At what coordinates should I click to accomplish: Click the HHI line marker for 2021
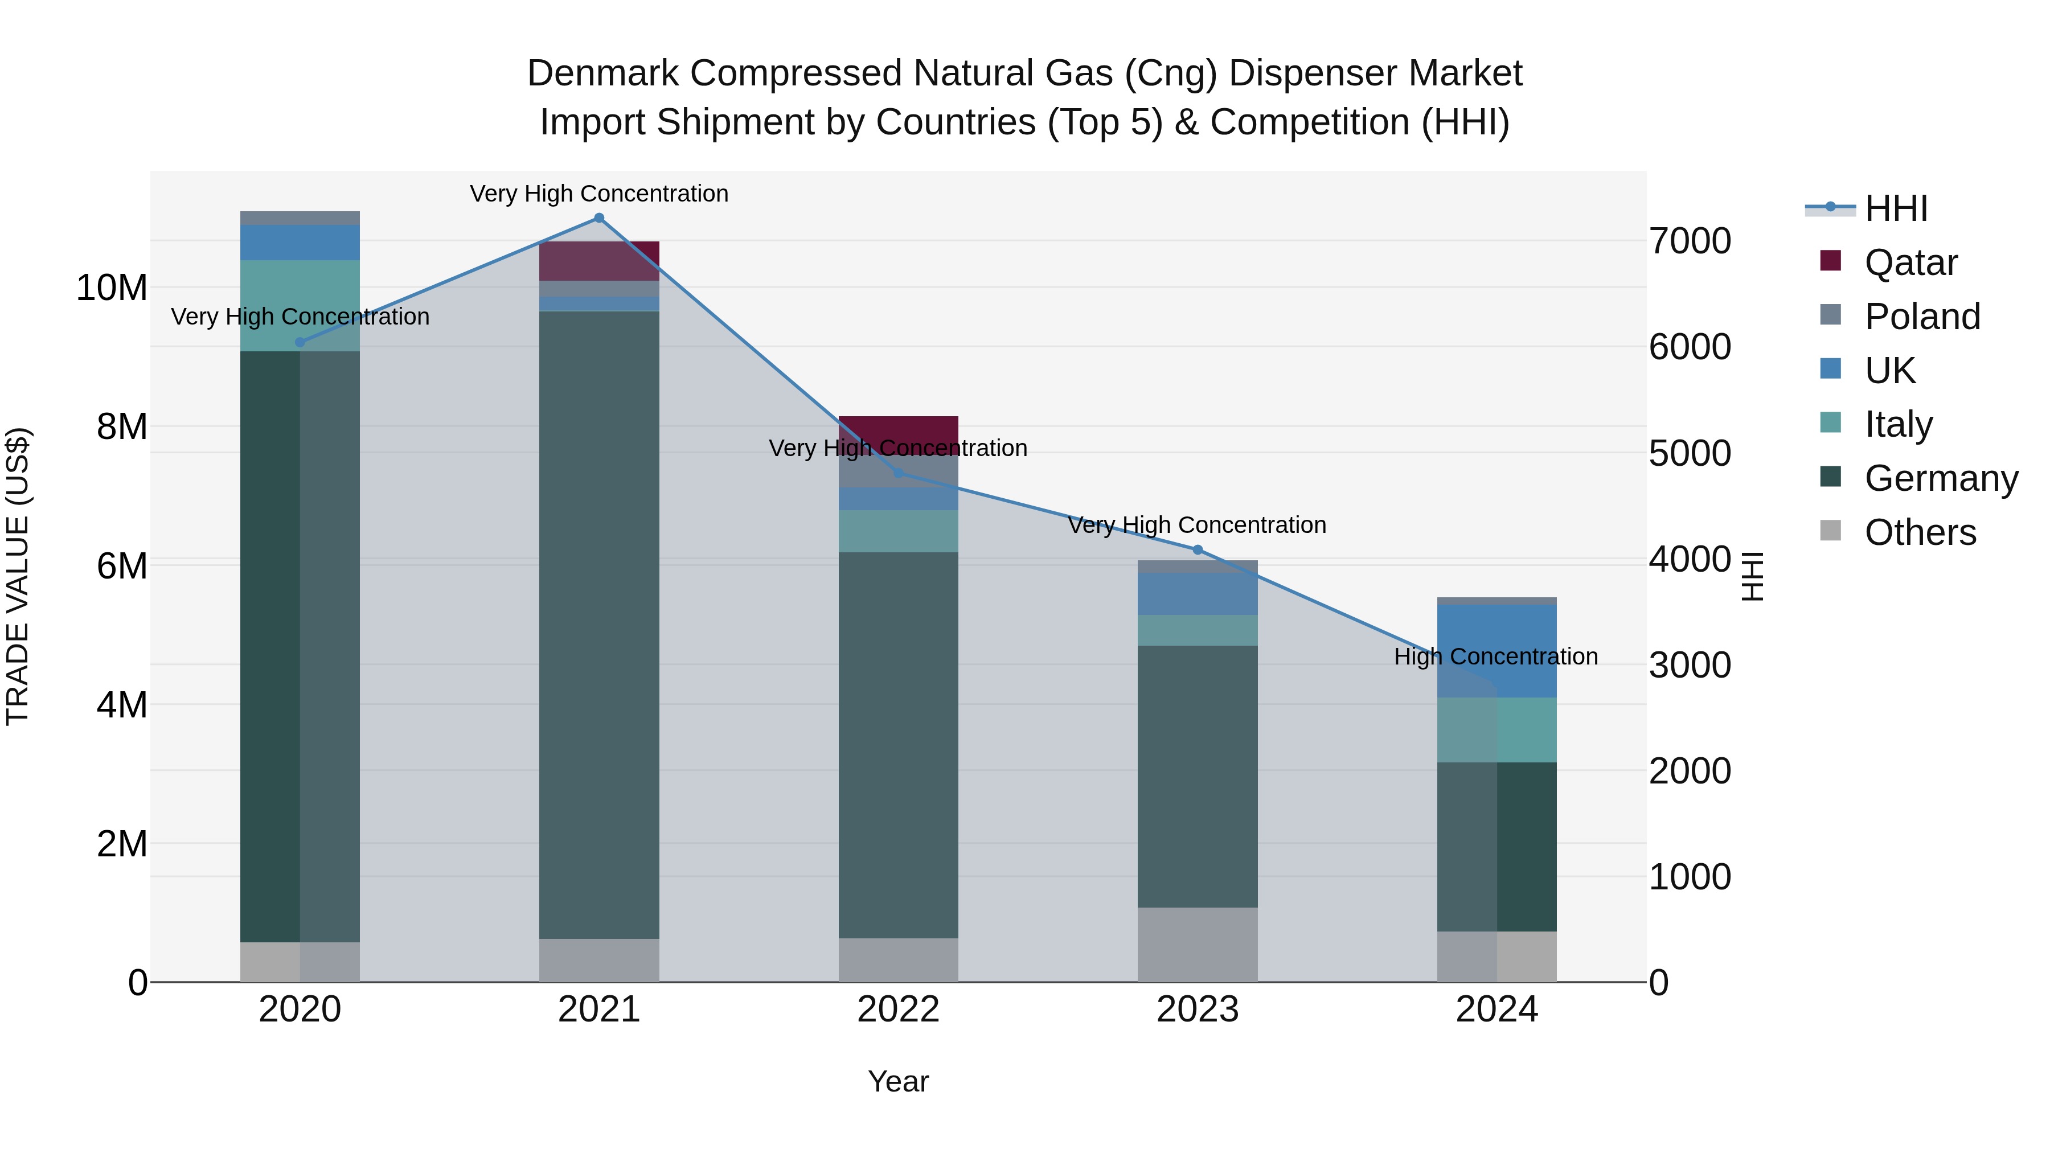tap(599, 218)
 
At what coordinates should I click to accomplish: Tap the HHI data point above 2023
tap(1198, 550)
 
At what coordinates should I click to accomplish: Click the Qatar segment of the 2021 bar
tap(599, 261)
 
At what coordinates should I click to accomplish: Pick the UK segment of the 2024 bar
tap(1497, 651)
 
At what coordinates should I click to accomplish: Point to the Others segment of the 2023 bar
tap(1198, 945)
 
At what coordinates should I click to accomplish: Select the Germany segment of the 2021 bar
tap(599, 625)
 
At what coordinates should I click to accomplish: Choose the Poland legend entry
tap(1922, 317)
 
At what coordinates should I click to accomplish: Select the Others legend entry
tap(1920, 532)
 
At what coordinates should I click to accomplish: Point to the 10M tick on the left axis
tap(112, 288)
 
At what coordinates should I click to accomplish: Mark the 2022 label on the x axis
tap(899, 1010)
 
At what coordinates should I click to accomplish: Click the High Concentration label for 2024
tap(1496, 656)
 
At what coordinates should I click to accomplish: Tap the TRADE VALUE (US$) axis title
tap(18, 576)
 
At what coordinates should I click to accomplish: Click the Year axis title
tap(899, 1081)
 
